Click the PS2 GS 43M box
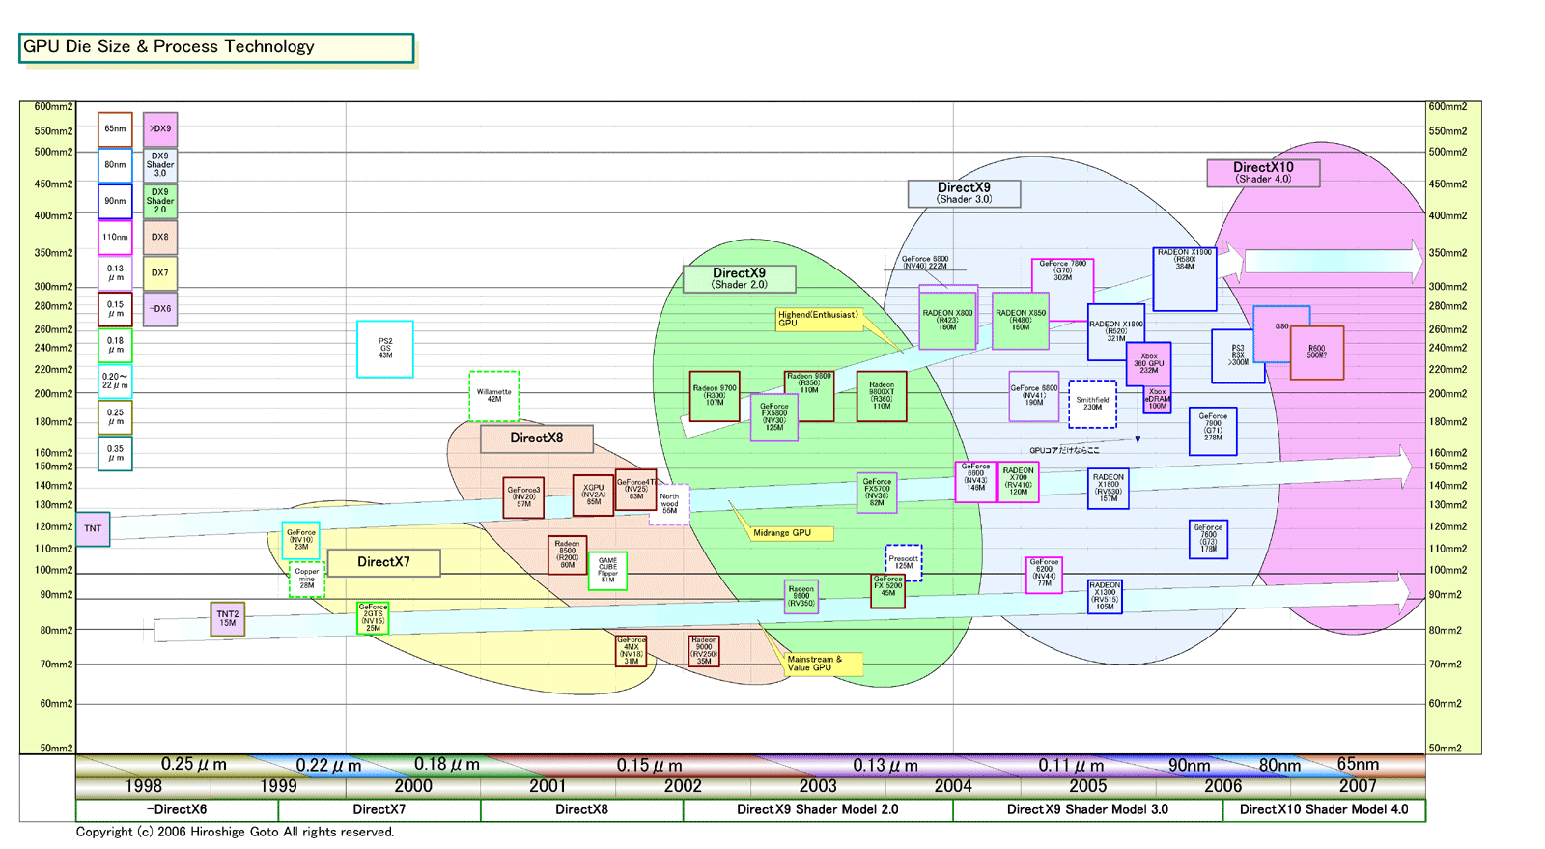[x=385, y=349]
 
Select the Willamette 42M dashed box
[x=494, y=396]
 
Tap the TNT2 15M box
[x=228, y=619]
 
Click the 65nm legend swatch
[x=115, y=129]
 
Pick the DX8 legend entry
[x=160, y=237]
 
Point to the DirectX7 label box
[x=383, y=562]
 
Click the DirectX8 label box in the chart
[x=536, y=439]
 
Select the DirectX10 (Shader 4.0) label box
[x=1263, y=173]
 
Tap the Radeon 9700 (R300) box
[x=715, y=396]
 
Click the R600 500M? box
[x=1317, y=353]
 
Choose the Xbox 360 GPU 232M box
[x=1149, y=364]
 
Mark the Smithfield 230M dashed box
[x=1092, y=404]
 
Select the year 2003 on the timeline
[x=818, y=786]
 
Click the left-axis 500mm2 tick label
[x=53, y=152]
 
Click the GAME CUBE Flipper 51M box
[x=607, y=570]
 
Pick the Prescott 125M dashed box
[x=904, y=562]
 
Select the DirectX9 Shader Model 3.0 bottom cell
[x=1087, y=810]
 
